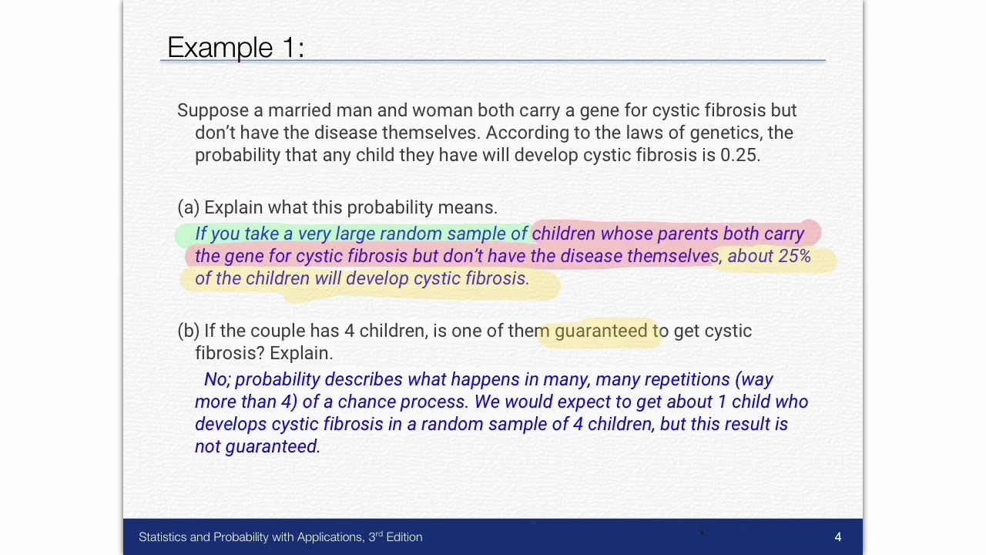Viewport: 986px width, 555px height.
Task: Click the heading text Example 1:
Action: (x=236, y=48)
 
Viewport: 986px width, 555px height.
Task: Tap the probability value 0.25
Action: (x=739, y=155)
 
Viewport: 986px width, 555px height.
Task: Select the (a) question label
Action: (x=189, y=207)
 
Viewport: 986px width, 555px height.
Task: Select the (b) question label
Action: (x=189, y=331)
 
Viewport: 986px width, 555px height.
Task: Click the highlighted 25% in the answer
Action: (x=794, y=256)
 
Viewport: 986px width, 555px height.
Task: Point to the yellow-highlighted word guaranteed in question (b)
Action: (x=601, y=331)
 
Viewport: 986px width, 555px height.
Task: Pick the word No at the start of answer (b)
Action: (x=216, y=379)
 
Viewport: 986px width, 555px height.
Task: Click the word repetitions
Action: (x=687, y=379)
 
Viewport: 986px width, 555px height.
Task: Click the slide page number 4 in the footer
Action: (x=837, y=536)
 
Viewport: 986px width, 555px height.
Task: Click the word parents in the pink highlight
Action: (x=687, y=234)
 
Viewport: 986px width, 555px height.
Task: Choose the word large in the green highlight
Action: (x=355, y=234)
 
